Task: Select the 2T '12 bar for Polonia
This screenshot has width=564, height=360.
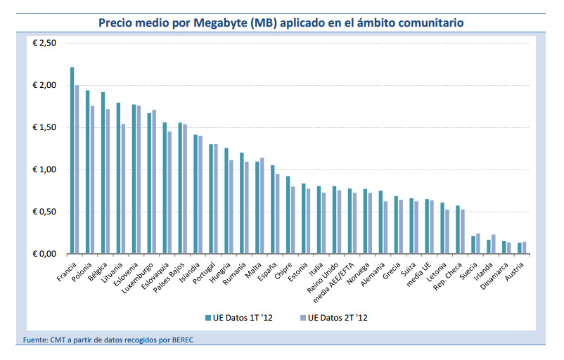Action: (x=92, y=180)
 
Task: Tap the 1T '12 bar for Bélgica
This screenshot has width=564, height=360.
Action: (x=103, y=173)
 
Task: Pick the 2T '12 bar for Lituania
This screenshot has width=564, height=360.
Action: (x=123, y=188)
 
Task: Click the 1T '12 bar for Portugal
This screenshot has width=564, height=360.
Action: (x=211, y=199)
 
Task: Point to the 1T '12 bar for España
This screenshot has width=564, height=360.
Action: (x=273, y=210)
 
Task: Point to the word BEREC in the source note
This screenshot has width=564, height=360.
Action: (x=183, y=340)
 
